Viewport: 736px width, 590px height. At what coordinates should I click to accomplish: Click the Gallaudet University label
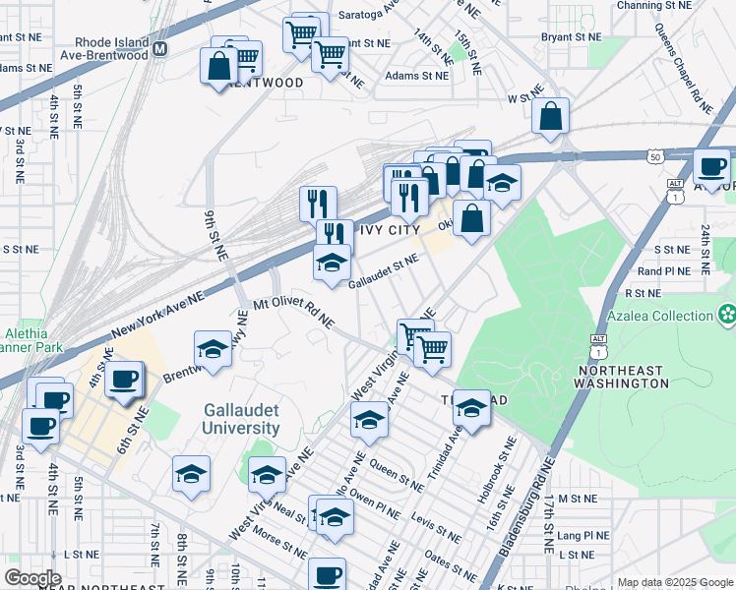[241, 419]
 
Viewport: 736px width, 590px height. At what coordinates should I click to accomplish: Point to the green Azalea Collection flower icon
[727, 316]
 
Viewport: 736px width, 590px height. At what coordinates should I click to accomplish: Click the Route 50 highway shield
[655, 156]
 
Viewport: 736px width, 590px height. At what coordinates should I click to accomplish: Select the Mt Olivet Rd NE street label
[294, 314]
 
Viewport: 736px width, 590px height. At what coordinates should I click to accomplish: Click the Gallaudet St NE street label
[384, 272]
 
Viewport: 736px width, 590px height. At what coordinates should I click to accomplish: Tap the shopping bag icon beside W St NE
[551, 116]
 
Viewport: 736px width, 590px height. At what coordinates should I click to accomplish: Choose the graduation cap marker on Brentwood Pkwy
[213, 348]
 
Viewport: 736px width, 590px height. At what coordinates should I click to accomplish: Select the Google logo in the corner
[32, 578]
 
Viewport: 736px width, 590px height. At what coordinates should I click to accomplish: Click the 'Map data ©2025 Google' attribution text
[675, 582]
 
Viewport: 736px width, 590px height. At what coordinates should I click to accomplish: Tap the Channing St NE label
[653, 6]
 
